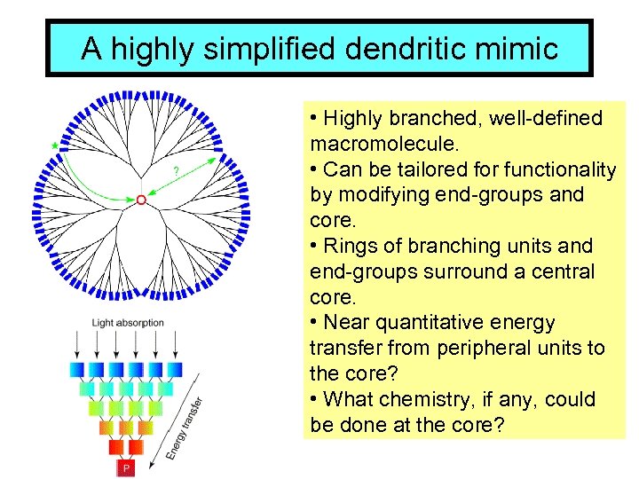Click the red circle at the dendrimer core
[x=140, y=201]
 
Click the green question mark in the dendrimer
[x=175, y=170]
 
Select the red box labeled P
[x=126, y=467]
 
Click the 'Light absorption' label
[x=128, y=323]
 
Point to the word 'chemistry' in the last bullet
[x=428, y=400]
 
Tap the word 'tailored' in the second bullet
[x=424, y=169]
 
